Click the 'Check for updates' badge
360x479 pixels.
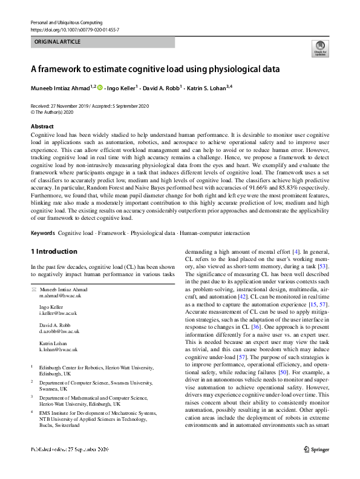(x=319, y=48)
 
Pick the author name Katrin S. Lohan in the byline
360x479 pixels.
(x=203, y=88)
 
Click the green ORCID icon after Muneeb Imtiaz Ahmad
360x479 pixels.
(x=100, y=88)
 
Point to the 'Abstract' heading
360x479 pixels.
(x=42, y=126)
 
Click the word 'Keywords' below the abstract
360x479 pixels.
(x=43, y=233)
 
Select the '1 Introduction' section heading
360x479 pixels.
(x=54, y=251)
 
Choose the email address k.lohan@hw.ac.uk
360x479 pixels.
(x=59, y=349)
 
